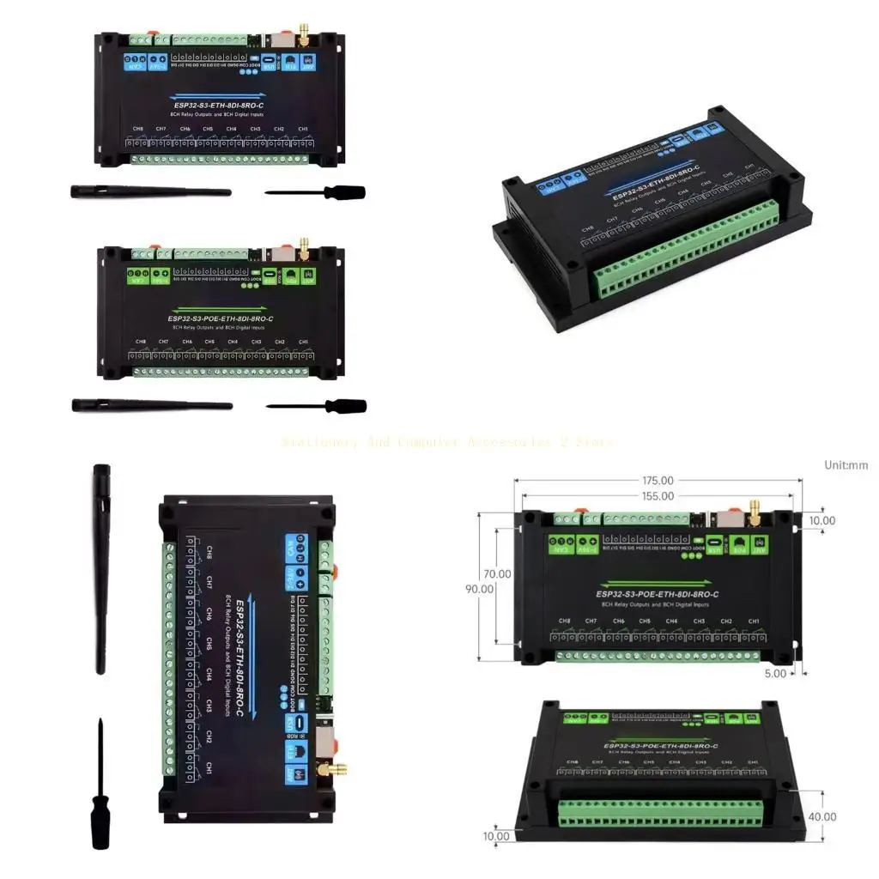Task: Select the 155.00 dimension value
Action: [658, 496]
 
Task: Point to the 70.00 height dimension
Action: [497, 573]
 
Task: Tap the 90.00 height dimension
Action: [480, 589]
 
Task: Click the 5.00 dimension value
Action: [775, 674]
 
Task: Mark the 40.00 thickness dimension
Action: [822, 816]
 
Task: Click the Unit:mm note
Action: [846, 465]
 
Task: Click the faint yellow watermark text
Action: [447, 442]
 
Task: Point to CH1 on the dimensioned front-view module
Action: [753, 621]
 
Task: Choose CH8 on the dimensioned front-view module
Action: [564, 621]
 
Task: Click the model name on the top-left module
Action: [218, 107]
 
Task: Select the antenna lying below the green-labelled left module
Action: [152, 404]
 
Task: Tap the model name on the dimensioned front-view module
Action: [658, 594]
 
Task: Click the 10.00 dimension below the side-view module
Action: [495, 836]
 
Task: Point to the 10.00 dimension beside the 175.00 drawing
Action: [822, 520]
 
